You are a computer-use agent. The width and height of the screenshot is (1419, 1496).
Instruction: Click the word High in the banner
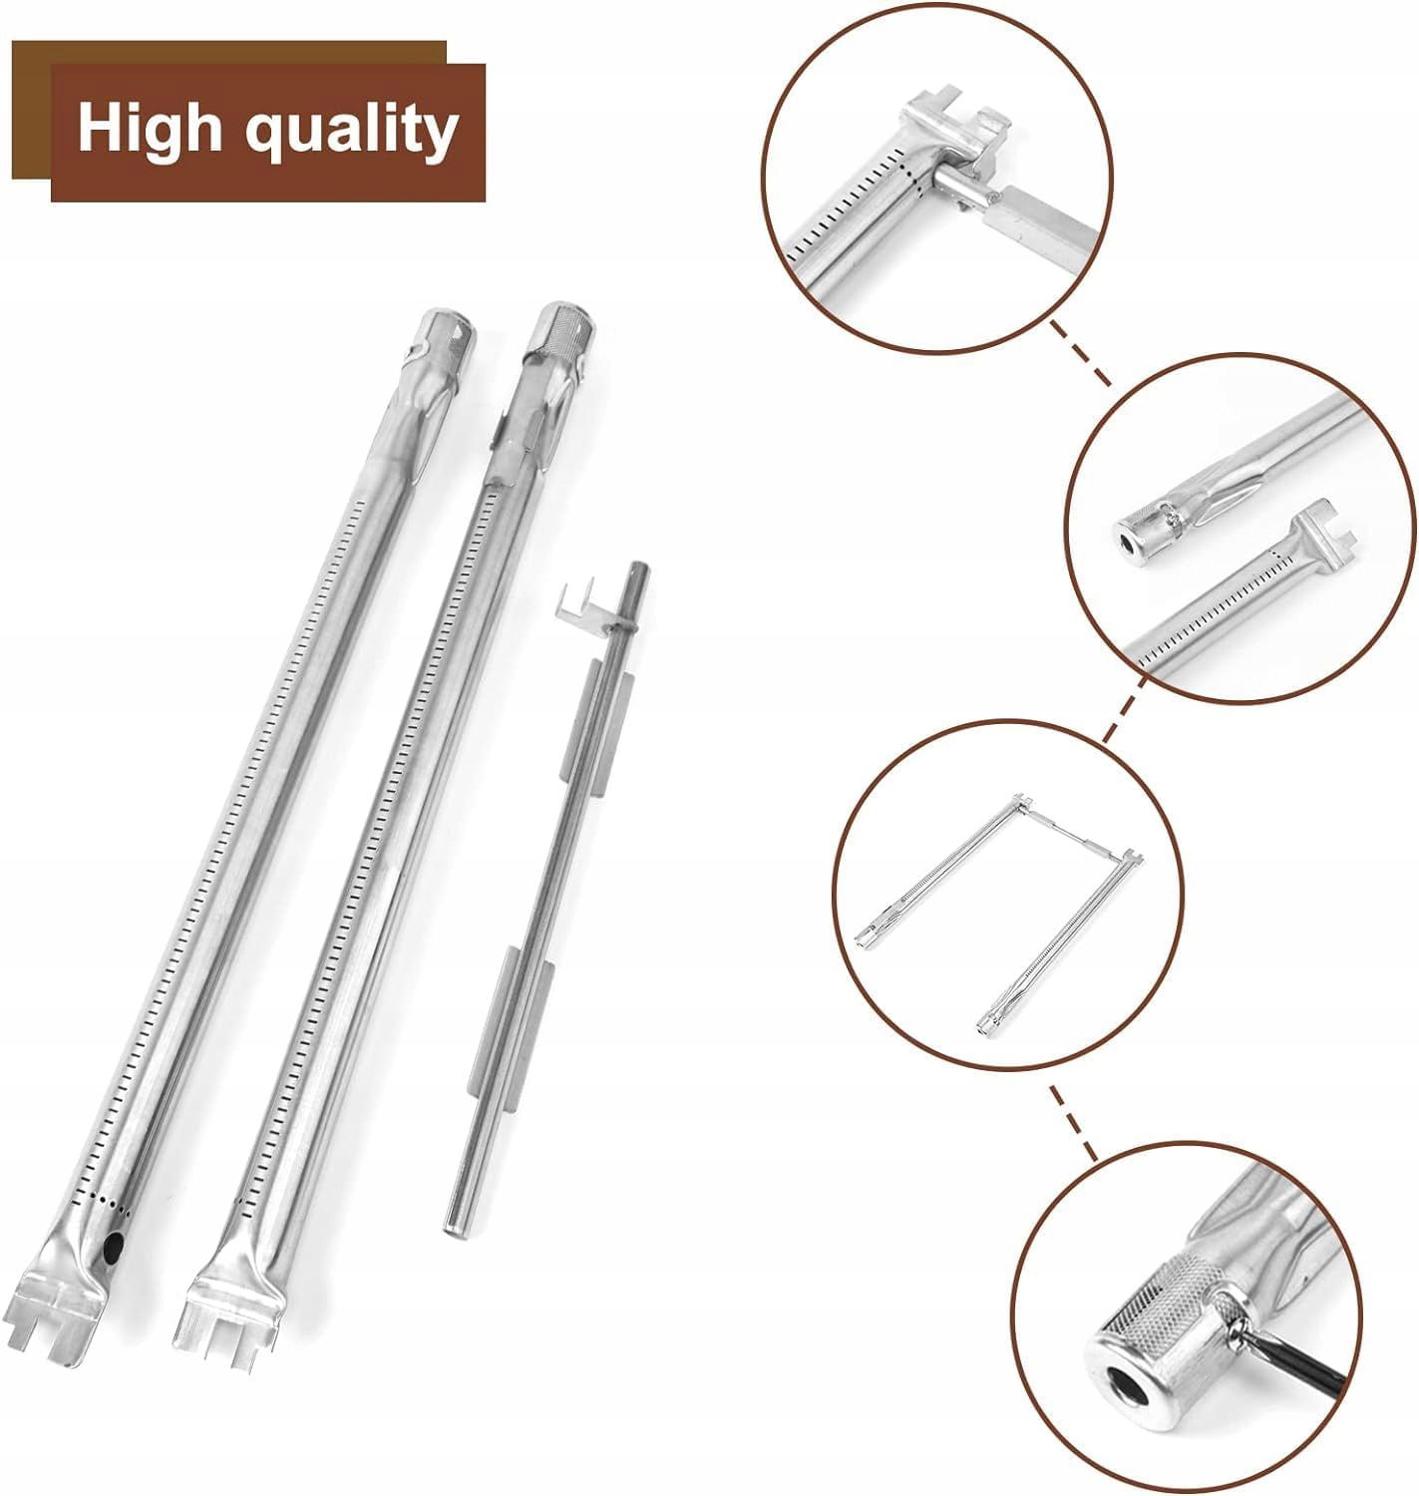click(149, 130)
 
